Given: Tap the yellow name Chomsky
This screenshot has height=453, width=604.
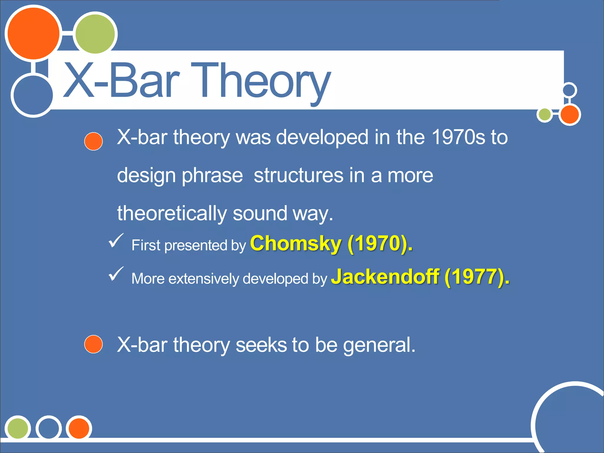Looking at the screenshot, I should [x=296, y=244].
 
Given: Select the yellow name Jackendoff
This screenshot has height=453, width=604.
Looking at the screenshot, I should [x=385, y=277].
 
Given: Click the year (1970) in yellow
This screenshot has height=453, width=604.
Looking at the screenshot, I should [x=380, y=244].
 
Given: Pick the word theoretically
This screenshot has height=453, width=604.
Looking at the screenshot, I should [x=172, y=213].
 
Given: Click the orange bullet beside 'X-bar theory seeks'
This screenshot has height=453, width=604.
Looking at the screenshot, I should [x=93, y=344].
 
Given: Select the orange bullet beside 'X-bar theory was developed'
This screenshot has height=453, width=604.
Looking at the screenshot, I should [x=93, y=141].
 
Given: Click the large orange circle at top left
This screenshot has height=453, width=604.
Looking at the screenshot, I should [x=33, y=34].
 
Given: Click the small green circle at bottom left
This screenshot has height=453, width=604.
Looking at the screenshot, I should [x=18, y=428].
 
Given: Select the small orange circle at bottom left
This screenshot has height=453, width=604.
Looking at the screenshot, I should [x=79, y=428].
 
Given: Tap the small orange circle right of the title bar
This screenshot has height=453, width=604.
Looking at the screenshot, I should [x=569, y=115].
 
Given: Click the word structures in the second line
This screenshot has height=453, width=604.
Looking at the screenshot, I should [x=298, y=175].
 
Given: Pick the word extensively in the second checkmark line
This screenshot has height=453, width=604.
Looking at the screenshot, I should [x=203, y=279].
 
